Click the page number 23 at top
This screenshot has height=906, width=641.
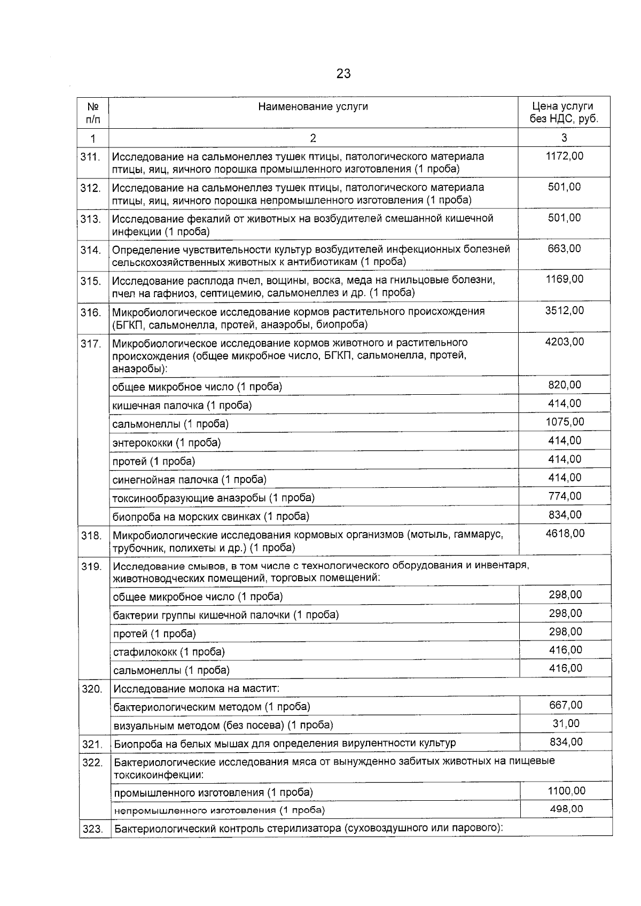343,74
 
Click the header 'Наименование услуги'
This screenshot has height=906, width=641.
313,107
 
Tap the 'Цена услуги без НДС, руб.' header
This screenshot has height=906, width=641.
564,113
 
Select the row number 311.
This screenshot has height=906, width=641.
91,157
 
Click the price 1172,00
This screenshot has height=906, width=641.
565,157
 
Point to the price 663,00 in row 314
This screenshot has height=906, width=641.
565,248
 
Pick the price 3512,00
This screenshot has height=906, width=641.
565,310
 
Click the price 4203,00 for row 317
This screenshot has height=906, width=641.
565,341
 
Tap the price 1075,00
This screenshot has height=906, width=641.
565,422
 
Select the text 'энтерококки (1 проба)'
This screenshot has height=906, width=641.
166,442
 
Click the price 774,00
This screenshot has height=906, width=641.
565,496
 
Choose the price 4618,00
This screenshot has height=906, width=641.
565,533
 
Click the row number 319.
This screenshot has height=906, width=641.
91,566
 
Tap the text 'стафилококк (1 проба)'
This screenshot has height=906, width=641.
169,652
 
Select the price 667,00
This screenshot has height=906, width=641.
566,705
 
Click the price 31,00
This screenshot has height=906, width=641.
566,723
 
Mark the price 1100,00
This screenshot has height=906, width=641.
566,791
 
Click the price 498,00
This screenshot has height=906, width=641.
566,809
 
